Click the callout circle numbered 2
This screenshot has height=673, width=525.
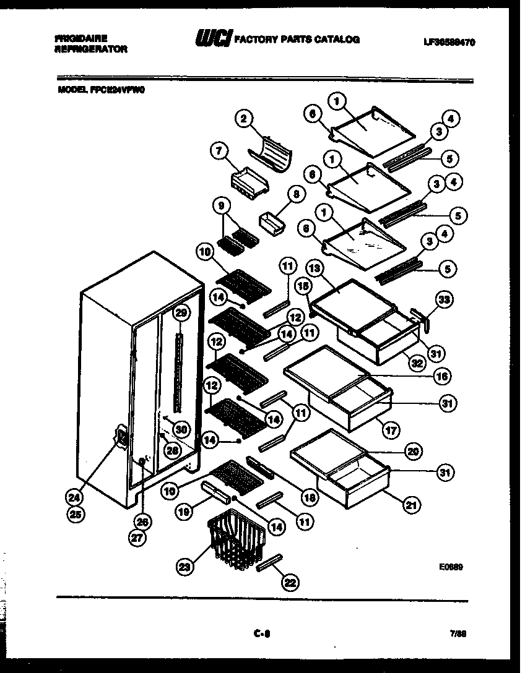(245, 119)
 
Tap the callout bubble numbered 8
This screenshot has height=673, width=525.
(296, 194)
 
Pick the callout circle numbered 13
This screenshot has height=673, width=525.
(315, 268)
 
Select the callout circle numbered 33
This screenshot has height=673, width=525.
(444, 300)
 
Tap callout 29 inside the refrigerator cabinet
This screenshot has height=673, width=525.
(180, 313)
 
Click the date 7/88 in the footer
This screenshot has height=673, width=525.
(458, 633)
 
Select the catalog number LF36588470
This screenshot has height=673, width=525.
(449, 42)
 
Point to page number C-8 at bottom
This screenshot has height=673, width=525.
(262, 633)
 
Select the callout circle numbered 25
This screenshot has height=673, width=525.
(77, 513)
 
